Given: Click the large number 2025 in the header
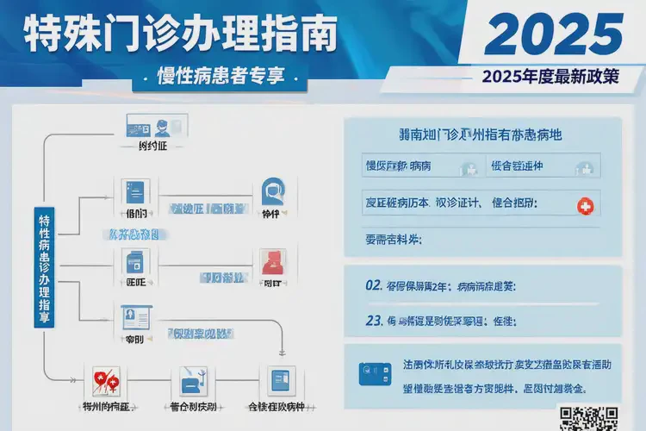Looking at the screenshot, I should tap(552, 34).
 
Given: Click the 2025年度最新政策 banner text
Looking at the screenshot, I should tap(551, 77).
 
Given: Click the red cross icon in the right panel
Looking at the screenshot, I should tap(585, 205).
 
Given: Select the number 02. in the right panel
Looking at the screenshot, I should tap(374, 285).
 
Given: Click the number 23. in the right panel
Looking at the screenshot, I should tap(374, 321).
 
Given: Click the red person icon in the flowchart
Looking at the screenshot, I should tap(272, 260).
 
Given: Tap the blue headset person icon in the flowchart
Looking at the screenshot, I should tap(272, 191).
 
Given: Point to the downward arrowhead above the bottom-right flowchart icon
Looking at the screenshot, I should tap(283, 353).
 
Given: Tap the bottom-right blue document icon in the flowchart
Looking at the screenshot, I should tap(282, 379).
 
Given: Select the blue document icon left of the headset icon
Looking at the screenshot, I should tap(135, 191).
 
